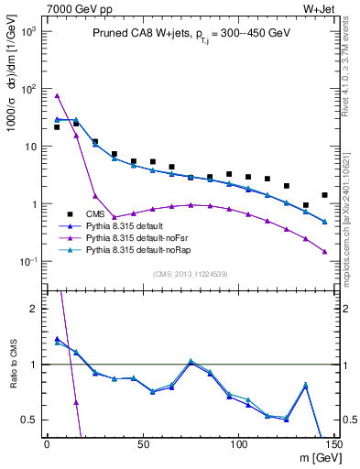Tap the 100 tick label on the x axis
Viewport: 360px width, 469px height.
[x=238, y=445]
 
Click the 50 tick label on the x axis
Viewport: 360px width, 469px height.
[x=143, y=445]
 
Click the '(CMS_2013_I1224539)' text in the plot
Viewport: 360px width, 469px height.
[x=190, y=273]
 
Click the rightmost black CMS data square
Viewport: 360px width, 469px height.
[x=325, y=195]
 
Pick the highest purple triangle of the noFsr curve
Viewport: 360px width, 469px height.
[x=57, y=96]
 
